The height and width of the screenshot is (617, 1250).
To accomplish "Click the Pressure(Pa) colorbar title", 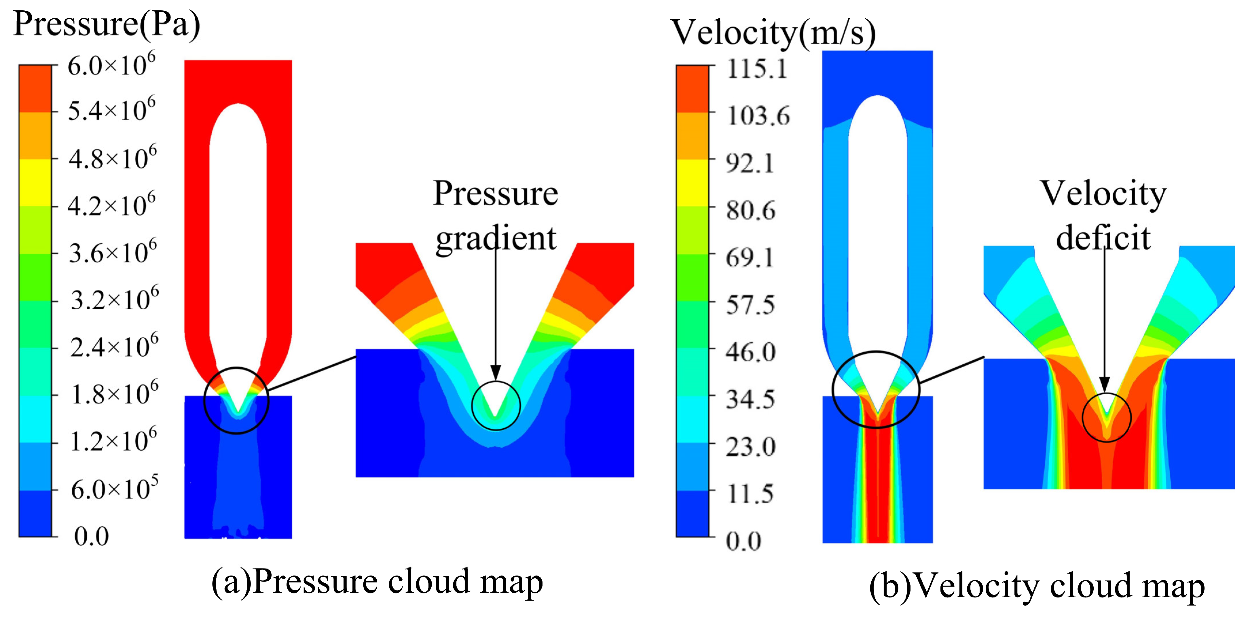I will point(107,24).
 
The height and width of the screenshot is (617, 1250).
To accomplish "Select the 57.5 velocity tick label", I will point(750,305).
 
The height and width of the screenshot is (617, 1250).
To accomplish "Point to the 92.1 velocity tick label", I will point(750,163).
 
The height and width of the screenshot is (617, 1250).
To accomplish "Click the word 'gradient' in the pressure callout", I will point(496,238).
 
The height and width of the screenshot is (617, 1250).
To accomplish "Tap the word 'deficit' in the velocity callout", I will point(1103,238).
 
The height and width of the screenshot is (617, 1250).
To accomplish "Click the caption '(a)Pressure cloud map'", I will point(377,582).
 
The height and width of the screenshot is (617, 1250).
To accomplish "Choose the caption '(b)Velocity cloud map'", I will point(1037,586).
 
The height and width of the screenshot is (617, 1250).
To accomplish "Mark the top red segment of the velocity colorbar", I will point(693,89).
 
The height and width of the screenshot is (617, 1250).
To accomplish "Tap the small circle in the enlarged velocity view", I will point(1106,417).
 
